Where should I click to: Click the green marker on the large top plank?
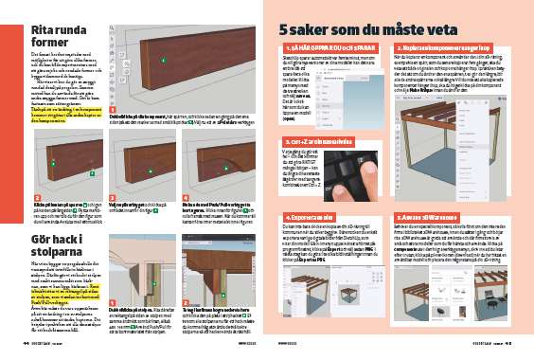162,60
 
